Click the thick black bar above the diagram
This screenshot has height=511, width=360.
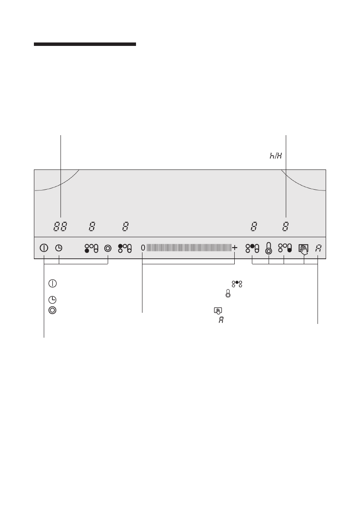85,44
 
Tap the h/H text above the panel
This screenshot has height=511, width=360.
275,155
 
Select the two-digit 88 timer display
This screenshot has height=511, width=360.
60,227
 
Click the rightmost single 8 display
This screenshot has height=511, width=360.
285,227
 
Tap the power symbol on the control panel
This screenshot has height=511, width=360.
44,248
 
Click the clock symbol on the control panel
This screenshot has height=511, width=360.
59,248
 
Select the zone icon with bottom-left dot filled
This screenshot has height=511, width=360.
91,248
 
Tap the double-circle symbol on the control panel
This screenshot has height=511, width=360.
108,248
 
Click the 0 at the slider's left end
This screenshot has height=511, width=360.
143,248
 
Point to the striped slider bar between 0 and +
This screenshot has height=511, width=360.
189,248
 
